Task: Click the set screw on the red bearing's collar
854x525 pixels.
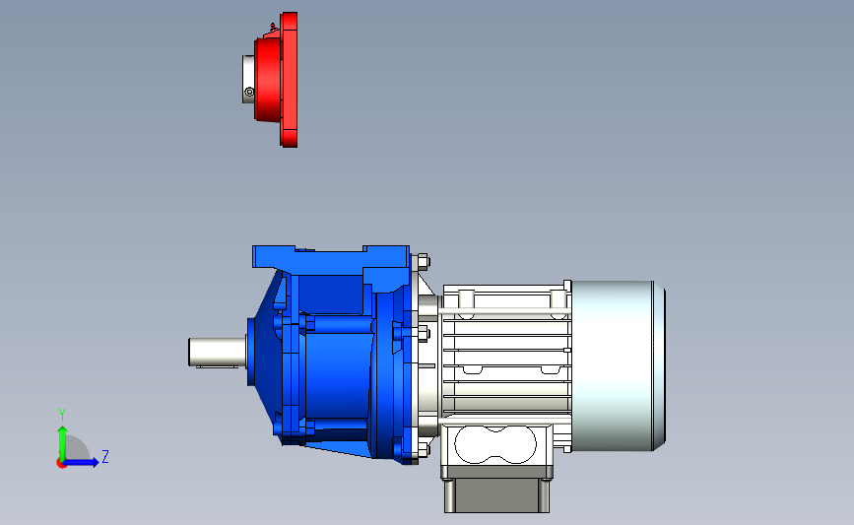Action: pyautogui.click(x=249, y=92)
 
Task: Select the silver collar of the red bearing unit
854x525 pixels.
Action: pyautogui.click(x=248, y=79)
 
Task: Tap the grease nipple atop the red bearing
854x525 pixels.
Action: pyautogui.click(x=272, y=27)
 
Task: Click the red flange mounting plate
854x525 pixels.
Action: pyautogui.click(x=290, y=80)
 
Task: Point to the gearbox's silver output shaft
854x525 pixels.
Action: pyautogui.click(x=218, y=352)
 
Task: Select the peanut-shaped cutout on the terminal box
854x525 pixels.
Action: pyautogui.click(x=495, y=444)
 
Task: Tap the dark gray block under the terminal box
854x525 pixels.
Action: pyautogui.click(x=496, y=495)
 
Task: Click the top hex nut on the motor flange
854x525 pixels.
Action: pyautogui.click(x=423, y=262)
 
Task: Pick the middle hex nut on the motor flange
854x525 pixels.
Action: pyautogui.click(x=424, y=334)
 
